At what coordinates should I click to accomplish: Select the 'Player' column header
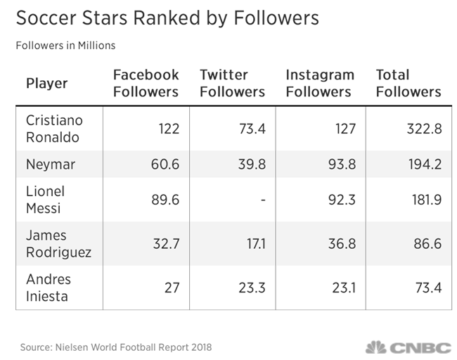pyautogui.click(x=46, y=84)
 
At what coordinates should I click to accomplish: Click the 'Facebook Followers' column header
pyautogui.click(x=146, y=83)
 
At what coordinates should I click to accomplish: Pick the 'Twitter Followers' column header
pyautogui.click(x=232, y=83)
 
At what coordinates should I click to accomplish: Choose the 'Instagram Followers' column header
pyautogui.click(x=320, y=83)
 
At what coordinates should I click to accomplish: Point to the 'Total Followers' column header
pyautogui.click(x=408, y=83)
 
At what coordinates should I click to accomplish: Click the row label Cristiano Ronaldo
pyautogui.click(x=54, y=128)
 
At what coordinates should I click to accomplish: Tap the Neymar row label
pyautogui.click(x=50, y=165)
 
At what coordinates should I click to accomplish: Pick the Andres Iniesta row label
pyautogui.click(x=49, y=288)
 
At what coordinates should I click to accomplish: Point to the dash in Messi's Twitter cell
pyautogui.click(x=263, y=200)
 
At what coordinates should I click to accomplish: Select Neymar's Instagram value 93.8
pyautogui.click(x=342, y=165)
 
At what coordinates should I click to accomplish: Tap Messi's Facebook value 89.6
pyautogui.click(x=165, y=200)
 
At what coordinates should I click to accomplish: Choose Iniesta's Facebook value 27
pyautogui.click(x=171, y=288)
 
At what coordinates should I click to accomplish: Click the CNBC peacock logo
pyautogui.click(x=376, y=347)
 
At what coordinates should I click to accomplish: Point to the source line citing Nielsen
pyautogui.click(x=115, y=347)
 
